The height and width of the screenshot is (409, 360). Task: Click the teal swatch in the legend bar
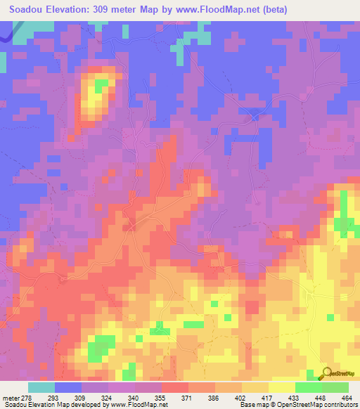pyautogui.click(x=41, y=387)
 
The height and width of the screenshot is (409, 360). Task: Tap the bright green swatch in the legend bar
pyautogui.click(x=308, y=387)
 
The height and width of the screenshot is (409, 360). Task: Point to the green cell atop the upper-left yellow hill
pyautogui.click(x=102, y=84)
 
